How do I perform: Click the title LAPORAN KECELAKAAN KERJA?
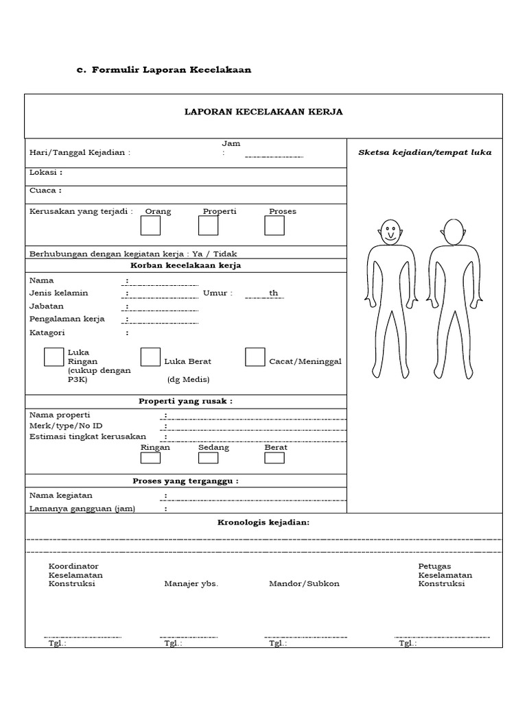pos(263,112)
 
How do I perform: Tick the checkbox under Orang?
pos(150,226)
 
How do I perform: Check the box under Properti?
pos(209,226)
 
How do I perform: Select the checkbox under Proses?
pos(274,226)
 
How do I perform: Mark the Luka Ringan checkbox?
pos(54,356)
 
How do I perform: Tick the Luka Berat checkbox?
pos(150,356)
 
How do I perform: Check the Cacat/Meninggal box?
pos(255,356)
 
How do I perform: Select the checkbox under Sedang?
pos(209,458)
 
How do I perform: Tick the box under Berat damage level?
pos(274,458)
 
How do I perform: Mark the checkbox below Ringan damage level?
pos(150,458)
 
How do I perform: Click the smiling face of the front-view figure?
pos(390,232)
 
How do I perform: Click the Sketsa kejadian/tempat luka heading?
pos(425,152)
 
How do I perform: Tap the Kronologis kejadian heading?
pos(263,522)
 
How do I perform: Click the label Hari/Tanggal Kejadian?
pos(80,153)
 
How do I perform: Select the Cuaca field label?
pos(45,191)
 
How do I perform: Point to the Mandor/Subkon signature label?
pos(304,584)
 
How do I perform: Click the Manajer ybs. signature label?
pos(191,584)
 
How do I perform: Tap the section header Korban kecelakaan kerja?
pos(185,265)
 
